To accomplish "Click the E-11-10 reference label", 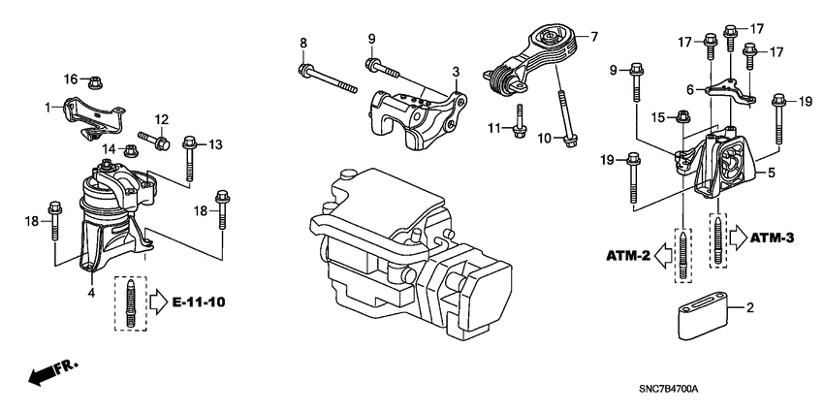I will (199, 302).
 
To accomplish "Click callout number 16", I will (70, 78).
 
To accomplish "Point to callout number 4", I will (90, 291).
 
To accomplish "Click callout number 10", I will (544, 139).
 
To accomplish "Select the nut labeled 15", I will (683, 118).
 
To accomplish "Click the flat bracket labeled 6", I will (727, 93).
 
